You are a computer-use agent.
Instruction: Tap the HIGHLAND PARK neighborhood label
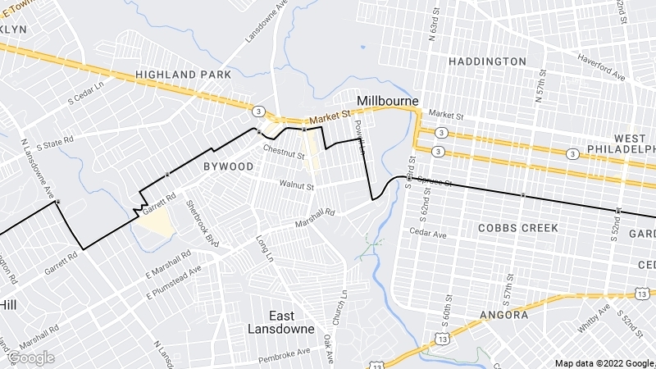pos(184,75)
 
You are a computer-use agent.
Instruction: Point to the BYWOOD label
pos(228,166)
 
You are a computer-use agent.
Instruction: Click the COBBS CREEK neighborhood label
pos(518,227)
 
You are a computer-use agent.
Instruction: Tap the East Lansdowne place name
pos(281,321)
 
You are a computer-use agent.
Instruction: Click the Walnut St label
pos(297,186)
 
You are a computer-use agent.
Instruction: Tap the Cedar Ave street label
pos(428,234)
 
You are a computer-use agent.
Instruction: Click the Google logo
pos(31,358)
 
